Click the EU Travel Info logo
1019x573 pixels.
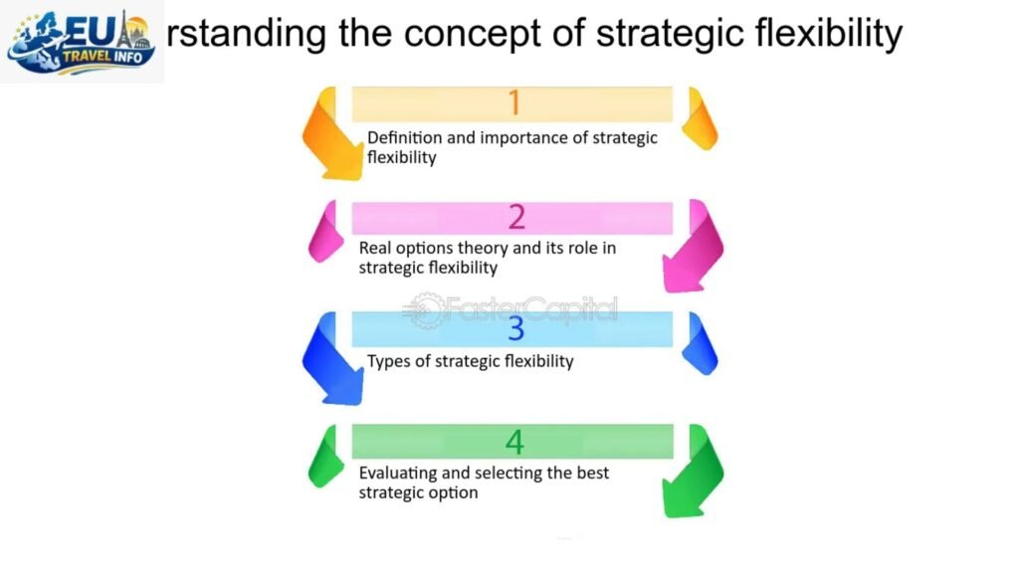pyautogui.click(x=82, y=42)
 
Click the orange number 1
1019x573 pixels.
pyautogui.click(x=514, y=103)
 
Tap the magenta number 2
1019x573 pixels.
pyautogui.click(x=515, y=216)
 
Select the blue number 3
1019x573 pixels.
pyautogui.click(x=515, y=328)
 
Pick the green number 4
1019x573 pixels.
pyautogui.click(x=514, y=441)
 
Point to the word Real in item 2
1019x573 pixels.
pyautogui.click(x=375, y=248)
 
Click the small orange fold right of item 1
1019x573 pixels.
pyautogui.click(x=703, y=118)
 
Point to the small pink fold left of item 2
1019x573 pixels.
pyautogui.click(x=325, y=232)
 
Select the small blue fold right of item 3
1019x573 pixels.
pyautogui.click(x=703, y=343)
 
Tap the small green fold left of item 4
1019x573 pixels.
pyautogui.click(x=325, y=457)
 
